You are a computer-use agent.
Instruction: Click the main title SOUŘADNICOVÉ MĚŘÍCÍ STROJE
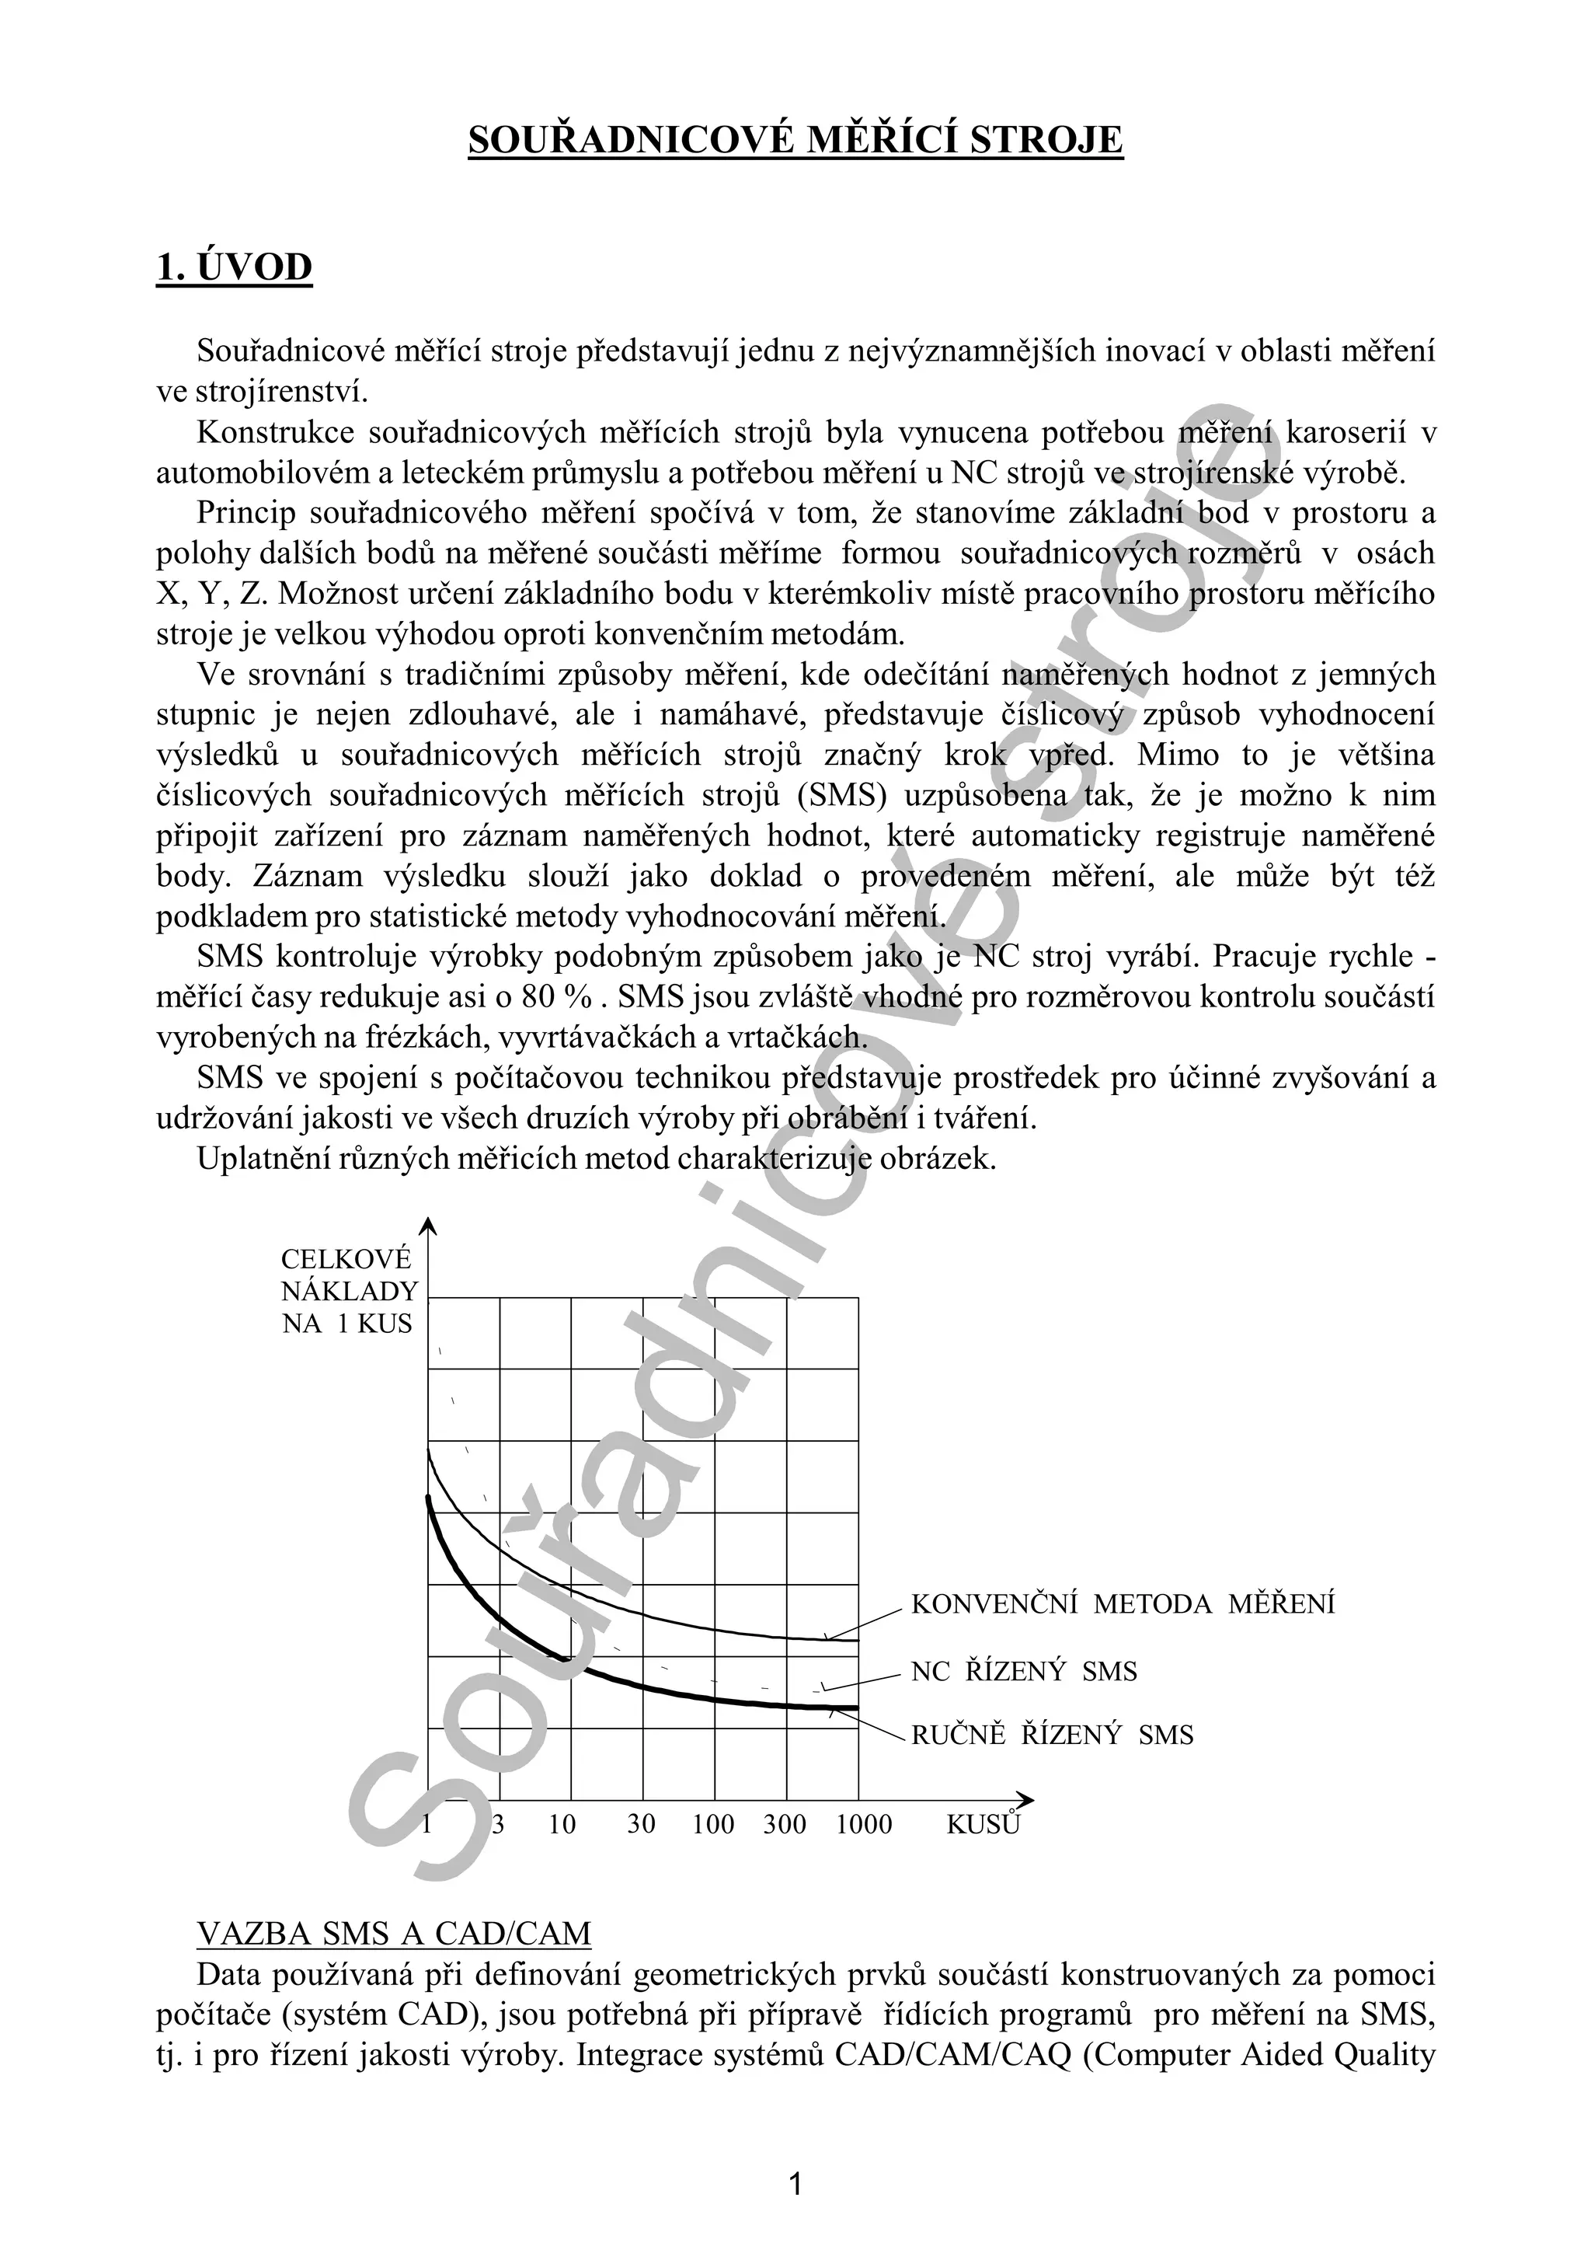(x=795, y=140)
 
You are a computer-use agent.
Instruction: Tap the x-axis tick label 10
(x=562, y=1824)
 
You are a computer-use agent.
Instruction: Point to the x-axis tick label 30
(x=641, y=1824)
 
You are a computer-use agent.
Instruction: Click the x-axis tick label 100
(x=713, y=1824)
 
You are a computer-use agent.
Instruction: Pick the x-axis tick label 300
(x=785, y=1824)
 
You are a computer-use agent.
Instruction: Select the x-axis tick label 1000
(x=864, y=1824)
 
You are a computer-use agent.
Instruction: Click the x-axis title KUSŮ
(x=983, y=1824)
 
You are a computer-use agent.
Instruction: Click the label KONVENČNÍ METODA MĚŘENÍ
(x=1123, y=1604)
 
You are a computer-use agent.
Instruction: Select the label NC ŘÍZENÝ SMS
(x=1024, y=1672)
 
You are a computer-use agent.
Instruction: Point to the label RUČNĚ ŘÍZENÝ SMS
(x=1052, y=1735)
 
